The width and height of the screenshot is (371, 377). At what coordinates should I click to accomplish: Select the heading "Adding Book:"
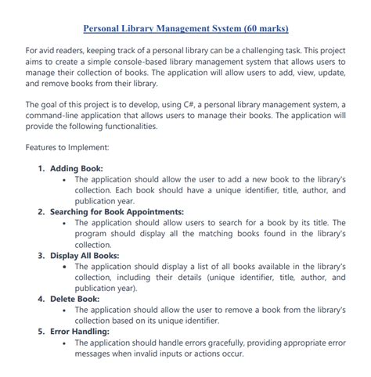coord(77,168)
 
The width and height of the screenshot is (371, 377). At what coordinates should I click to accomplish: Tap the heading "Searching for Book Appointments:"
coord(117,212)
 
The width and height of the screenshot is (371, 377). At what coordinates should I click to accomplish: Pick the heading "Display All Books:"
coord(85,255)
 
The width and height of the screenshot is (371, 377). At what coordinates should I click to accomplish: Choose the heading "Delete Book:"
coord(75,298)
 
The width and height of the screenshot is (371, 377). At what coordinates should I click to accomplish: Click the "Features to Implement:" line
coord(67,147)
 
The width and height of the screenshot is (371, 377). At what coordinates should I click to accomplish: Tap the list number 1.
coord(41,168)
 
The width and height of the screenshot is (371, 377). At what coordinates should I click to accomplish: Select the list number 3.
coord(41,255)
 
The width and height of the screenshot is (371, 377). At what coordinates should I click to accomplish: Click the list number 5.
coord(41,331)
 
